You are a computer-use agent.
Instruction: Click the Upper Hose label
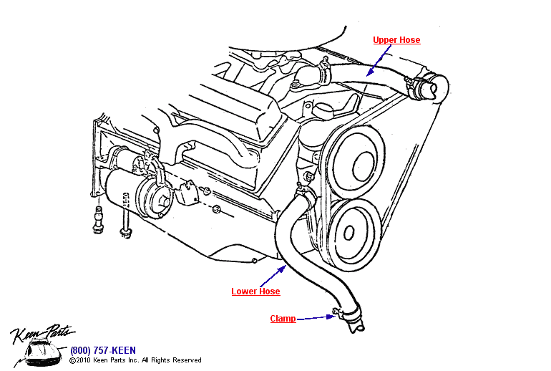tap(396, 40)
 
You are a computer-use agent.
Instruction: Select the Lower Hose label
tap(255, 291)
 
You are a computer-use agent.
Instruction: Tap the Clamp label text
tap(283, 319)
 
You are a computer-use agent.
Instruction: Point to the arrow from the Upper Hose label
tap(379, 58)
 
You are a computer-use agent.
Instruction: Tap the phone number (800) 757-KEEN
tap(103, 350)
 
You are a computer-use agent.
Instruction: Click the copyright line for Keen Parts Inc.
tap(135, 360)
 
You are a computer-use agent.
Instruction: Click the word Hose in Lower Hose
tap(268, 291)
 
